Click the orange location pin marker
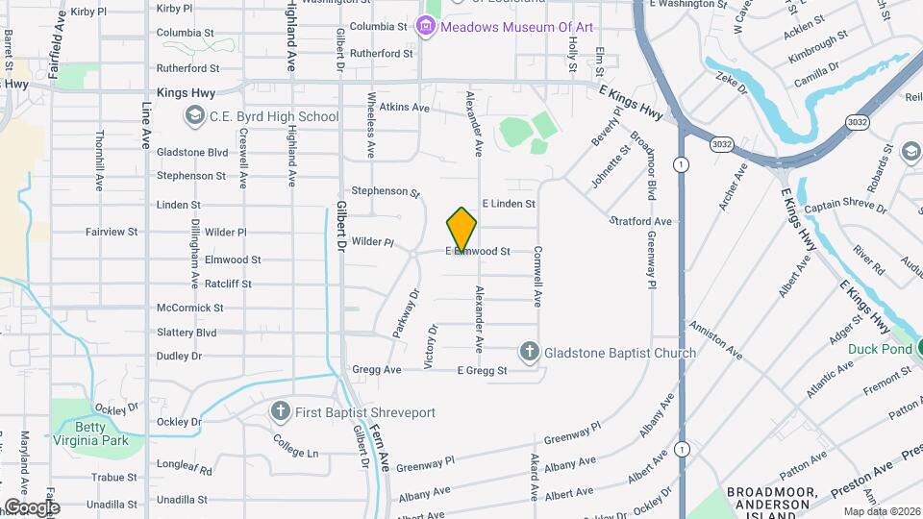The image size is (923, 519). (x=461, y=230)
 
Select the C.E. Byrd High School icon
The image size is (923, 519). (x=194, y=116)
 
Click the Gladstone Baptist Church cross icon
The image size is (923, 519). (x=530, y=353)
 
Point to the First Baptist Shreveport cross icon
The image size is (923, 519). (x=280, y=412)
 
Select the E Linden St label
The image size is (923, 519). (x=508, y=204)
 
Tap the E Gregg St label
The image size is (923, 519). (x=482, y=370)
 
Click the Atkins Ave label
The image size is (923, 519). (x=404, y=108)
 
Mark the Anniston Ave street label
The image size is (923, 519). (x=712, y=339)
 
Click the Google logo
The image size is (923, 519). (x=31, y=507)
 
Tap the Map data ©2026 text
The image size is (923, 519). (x=882, y=511)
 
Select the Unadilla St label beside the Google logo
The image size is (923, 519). (x=112, y=504)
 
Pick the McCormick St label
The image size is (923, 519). (x=190, y=308)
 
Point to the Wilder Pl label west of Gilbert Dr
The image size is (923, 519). (x=226, y=233)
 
